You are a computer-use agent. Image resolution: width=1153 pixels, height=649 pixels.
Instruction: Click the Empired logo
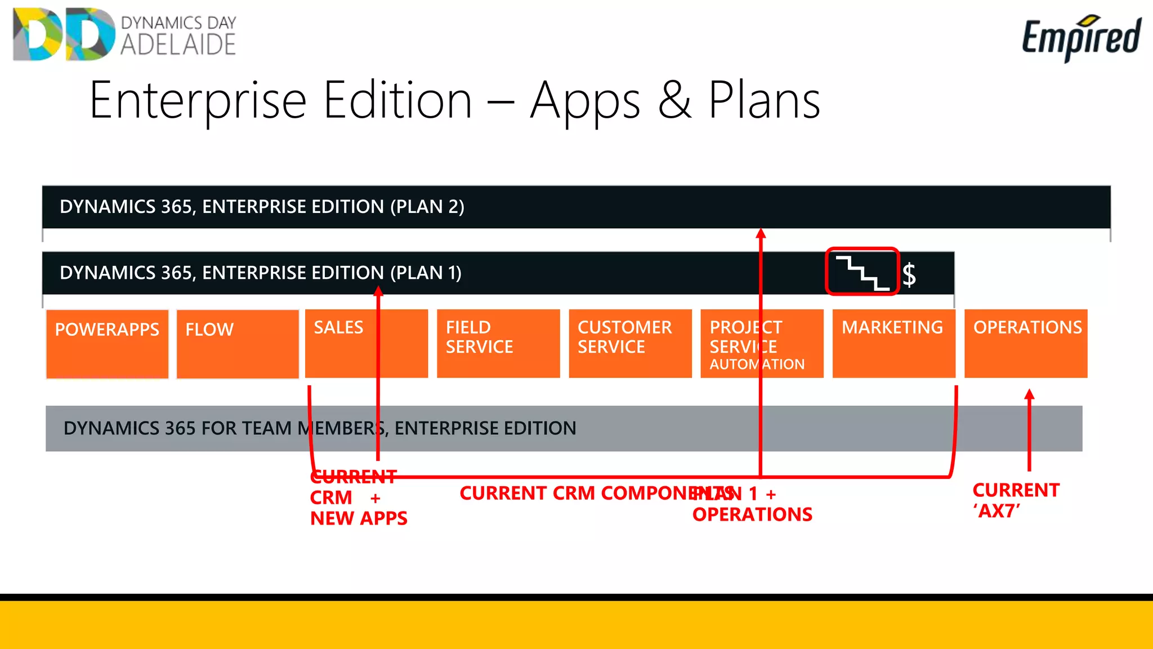click(1080, 37)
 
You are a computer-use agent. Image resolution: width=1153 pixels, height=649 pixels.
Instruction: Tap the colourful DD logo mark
click(64, 34)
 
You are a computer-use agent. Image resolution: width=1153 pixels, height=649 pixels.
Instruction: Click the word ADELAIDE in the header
click(178, 45)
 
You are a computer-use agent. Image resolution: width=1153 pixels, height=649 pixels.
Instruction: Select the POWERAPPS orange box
click(107, 344)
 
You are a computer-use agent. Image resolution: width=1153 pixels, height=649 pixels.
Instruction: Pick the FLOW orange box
click(237, 344)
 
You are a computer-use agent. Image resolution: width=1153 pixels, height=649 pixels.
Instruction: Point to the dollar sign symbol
click(909, 275)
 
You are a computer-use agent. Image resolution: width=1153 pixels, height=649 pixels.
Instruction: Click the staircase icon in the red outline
click(862, 272)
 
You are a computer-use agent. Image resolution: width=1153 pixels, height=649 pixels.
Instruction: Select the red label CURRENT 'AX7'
click(1015, 500)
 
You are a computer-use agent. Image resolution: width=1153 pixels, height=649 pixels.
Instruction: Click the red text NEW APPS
click(359, 518)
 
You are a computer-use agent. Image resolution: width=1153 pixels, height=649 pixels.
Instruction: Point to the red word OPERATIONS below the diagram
click(752, 514)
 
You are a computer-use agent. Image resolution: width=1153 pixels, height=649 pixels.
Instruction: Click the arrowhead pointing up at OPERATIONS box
click(1029, 394)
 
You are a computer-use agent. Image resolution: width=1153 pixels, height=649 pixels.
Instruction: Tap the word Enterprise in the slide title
click(198, 101)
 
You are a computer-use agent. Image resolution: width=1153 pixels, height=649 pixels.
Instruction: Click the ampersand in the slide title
click(674, 101)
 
